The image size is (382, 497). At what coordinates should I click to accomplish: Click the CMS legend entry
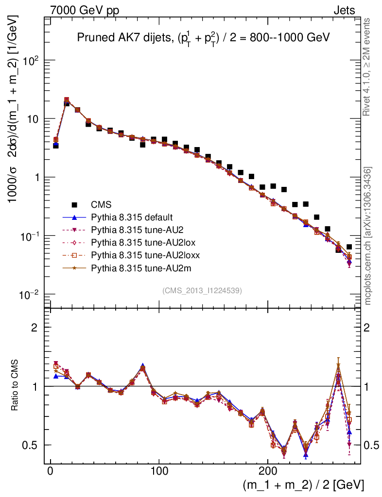104,205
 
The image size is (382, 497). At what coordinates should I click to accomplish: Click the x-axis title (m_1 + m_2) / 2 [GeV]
302,485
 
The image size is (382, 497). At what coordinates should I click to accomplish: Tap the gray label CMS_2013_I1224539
202,291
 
